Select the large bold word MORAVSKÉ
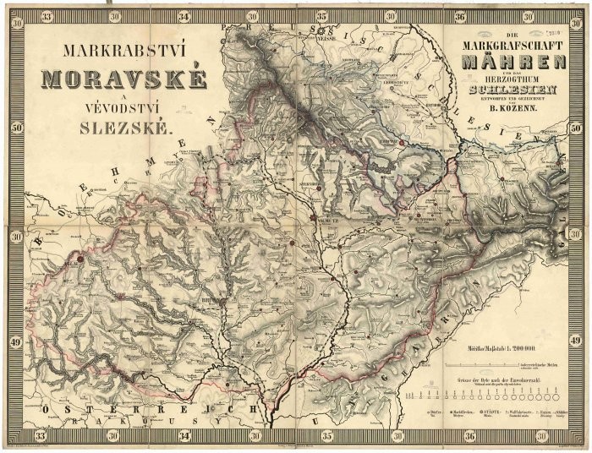(x=123, y=79)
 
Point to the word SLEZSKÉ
(x=123, y=129)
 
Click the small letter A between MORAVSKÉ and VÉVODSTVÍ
(x=122, y=100)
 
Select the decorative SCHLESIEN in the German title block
(x=513, y=89)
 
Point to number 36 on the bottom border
(x=459, y=437)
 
